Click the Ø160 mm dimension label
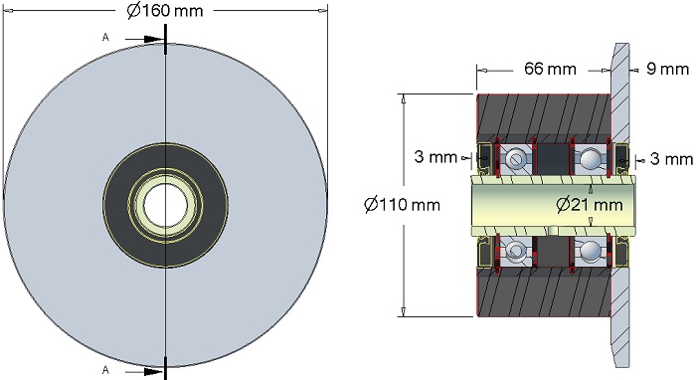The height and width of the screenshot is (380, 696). click(165, 11)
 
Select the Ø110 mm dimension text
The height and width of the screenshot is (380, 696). click(402, 205)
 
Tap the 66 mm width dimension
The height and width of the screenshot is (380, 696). click(550, 69)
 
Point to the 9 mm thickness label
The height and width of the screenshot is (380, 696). click(667, 69)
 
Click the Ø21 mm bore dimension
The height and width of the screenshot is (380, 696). click(590, 205)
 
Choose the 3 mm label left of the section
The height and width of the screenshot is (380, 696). click(435, 157)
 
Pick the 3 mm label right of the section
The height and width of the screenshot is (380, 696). click(671, 159)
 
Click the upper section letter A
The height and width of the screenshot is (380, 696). click(105, 38)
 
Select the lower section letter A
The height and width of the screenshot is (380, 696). click(105, 370)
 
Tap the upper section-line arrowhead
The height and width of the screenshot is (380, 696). click(154, 39)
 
